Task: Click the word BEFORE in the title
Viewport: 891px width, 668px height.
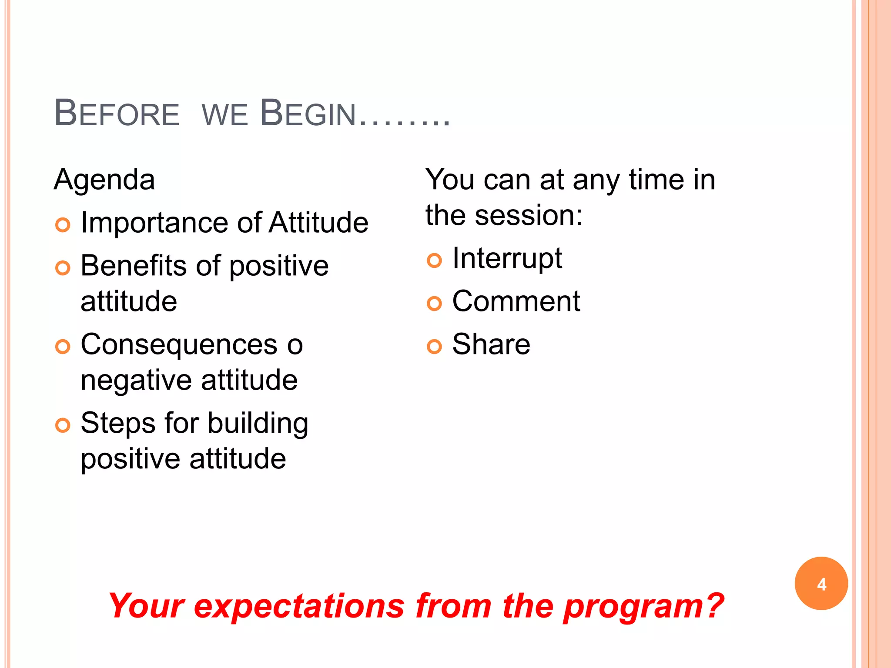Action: pyautogui.click(x=117, y=114)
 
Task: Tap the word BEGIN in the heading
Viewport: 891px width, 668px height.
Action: pyautogui.click(x=308, y=114)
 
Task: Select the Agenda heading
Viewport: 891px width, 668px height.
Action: pyautogui.click(x=104, y=180)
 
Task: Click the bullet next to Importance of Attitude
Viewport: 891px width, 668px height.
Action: pyautogui.click(x=63, y=225)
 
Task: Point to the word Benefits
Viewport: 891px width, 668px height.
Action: pyautogui.click(x=134, y=266)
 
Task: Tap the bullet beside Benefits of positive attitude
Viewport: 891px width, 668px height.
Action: pyautogui.click(x=63, y=268)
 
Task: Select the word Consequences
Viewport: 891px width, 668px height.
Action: pyautogui.click(x=179, y=344)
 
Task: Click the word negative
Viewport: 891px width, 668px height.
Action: pyautogui.click(x=136, y=381)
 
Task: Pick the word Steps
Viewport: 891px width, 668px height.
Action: pyautogui.click(x=118, y=423)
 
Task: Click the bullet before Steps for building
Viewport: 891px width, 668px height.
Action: pyautogui.click(x=63, y=425)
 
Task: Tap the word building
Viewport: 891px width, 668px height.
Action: pyautogui.click(x=258, y=423)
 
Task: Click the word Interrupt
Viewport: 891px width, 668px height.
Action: pyautogui.click(x=507, y=258)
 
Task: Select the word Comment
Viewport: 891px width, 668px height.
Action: pyautogui.click(x=516, y=301)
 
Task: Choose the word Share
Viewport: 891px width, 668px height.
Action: pyautogui.click(x=491, y=344)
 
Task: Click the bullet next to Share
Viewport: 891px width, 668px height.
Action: pyautogui.click(x=434, y=347)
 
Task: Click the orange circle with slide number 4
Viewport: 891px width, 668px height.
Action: pyautogui.click(x=821, y=584)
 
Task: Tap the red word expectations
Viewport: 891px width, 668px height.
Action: pyautogui.click(x=299, y=606)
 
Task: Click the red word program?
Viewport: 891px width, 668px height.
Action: pyautogui.click(x=643, y=606)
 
